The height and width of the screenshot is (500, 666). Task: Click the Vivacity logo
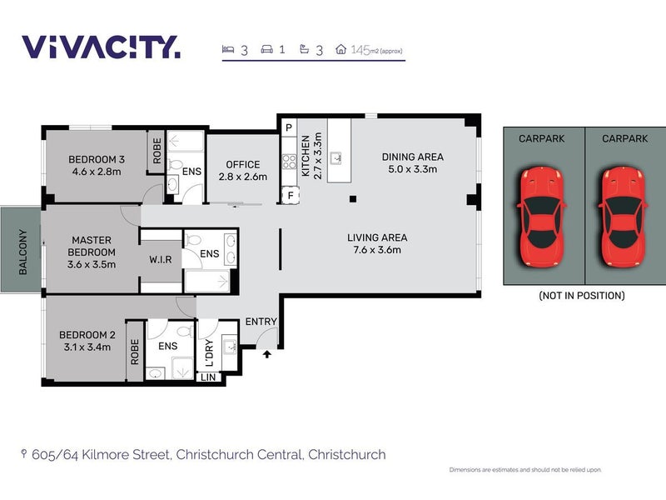coord(101,47)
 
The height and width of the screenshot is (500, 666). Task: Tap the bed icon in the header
coord(228,49)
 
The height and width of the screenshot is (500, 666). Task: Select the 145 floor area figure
coord(360,50)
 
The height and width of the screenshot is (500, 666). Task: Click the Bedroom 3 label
coord(97,165)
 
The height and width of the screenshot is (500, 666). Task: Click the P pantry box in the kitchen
coord(289,127)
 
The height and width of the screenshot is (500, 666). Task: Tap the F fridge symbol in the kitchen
coord(291,196)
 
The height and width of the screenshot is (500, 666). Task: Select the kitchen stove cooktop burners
coord(289,162)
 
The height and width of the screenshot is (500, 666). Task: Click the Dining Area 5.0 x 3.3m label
coord(412,162)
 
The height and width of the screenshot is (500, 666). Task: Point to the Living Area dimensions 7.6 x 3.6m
coord(377,249)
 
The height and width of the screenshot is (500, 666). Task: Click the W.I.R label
coord(161,259)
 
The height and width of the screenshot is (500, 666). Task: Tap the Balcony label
coord(23,252)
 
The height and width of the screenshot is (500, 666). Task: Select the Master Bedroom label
coord(92,246)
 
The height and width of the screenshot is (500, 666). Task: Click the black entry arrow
coord(266,353)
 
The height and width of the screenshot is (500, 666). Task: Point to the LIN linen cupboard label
coord(208,377)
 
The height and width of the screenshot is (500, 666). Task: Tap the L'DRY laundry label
coord(209,352)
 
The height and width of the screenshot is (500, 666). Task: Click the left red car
coord(541,217)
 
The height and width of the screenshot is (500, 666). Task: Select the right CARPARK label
coord(625,138)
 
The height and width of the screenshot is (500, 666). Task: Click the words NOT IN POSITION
coord(582,296)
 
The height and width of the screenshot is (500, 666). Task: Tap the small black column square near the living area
coord(352,198)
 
